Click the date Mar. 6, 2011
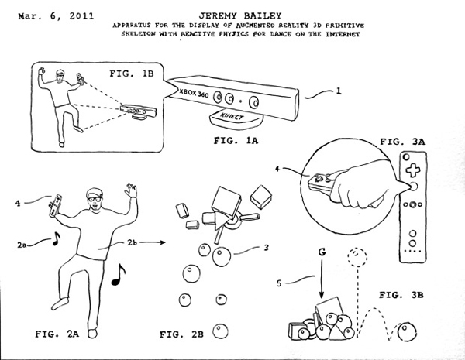(43, 15)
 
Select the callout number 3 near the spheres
(266, 249)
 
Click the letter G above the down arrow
(321, 252)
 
